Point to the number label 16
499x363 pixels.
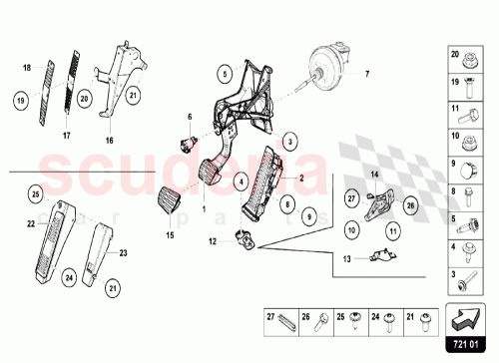(x=112, y=141)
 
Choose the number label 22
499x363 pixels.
(x=30, y=223)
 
